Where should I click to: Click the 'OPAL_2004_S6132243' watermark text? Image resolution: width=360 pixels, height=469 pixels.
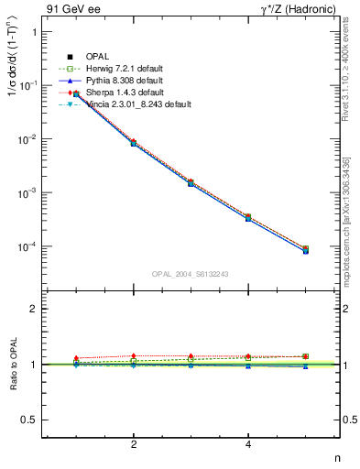click(x=189, y=274)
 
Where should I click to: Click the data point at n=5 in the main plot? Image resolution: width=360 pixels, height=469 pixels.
click(x=305, y=249)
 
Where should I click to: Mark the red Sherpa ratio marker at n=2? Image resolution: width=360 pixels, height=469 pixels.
click(x=134, y=355)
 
